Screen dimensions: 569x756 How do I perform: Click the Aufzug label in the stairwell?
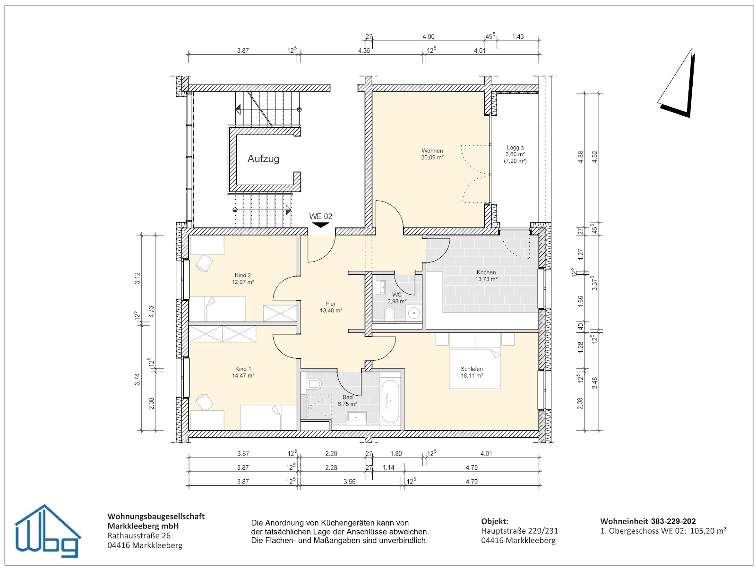263,159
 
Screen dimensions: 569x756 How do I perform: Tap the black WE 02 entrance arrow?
321,225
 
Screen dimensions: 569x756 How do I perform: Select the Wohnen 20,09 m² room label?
432,154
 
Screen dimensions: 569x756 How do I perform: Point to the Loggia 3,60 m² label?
515,154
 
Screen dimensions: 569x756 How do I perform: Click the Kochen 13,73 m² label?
486,276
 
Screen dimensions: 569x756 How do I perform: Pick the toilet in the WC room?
390,313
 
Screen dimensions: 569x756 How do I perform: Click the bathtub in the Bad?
390,401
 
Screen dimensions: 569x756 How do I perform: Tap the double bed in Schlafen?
474,367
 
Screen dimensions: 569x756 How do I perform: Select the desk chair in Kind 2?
204,263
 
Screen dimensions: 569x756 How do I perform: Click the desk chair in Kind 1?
204,402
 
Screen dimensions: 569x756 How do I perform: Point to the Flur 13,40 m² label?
331,307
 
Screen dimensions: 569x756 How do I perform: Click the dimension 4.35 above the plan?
364,51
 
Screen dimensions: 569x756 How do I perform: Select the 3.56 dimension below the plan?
349,482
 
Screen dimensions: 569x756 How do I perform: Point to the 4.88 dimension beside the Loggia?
581,157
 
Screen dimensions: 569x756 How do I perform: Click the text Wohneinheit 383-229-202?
648,521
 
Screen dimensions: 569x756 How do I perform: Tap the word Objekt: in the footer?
495,521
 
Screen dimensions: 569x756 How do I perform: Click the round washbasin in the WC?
414,313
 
